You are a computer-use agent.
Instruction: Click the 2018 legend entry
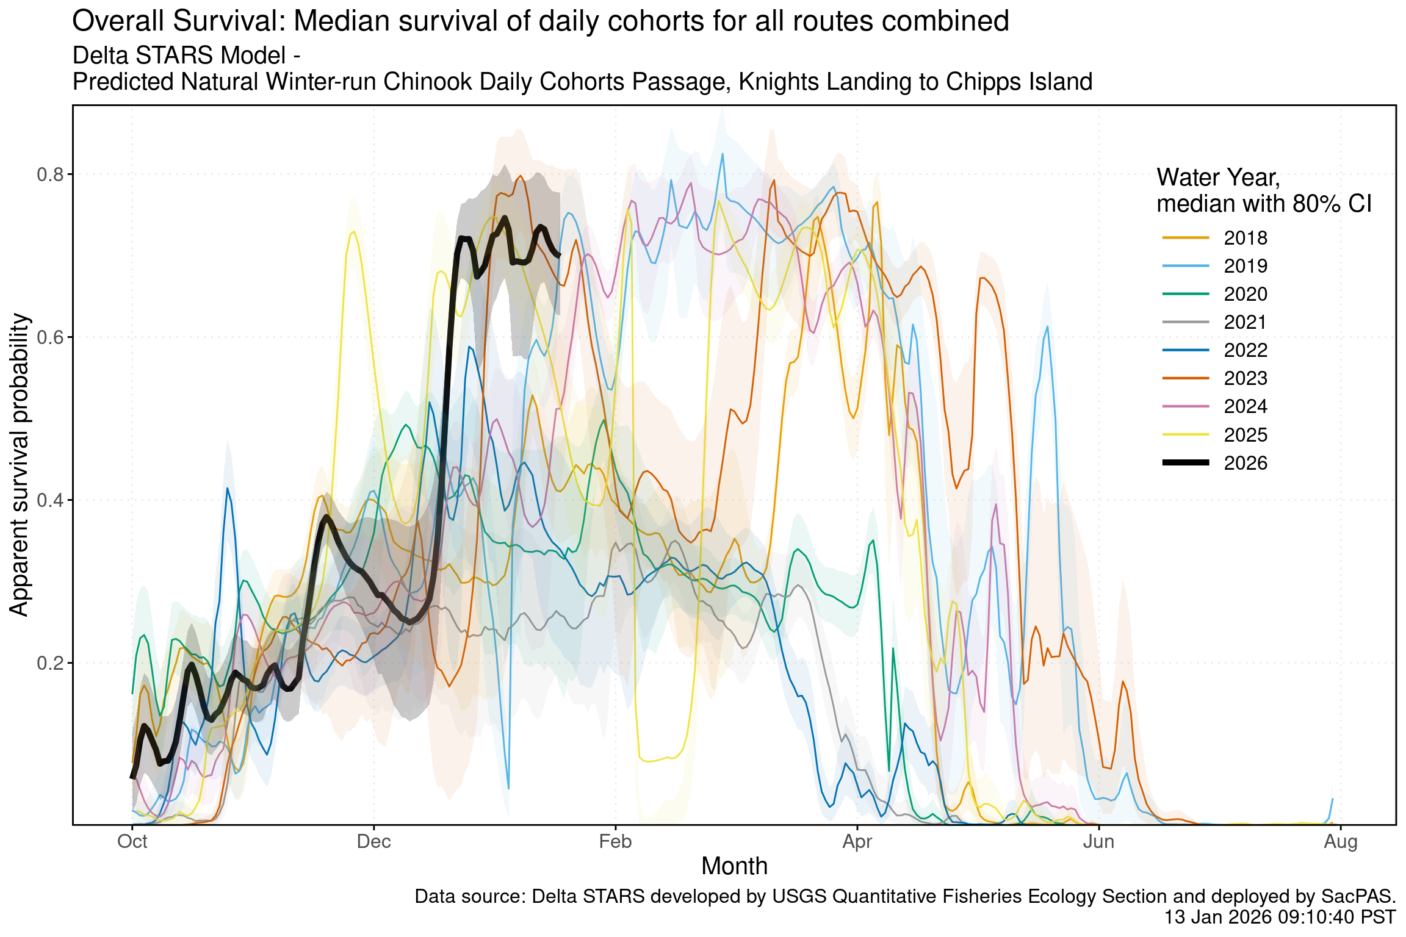tap(1245, 238)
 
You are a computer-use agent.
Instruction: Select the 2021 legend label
tap(1245, 322)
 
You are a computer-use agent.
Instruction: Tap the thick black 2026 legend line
tap(1186, 463)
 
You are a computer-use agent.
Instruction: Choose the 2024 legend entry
tap(1245, 406)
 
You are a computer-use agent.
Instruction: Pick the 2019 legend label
tap(1245, 266)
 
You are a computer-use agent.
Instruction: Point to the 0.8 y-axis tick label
tap(50, 175)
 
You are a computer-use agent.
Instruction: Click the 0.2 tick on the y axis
tap(50, 663)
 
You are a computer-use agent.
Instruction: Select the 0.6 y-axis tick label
tap(50, 337)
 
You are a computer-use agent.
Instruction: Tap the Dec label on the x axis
tap(373, 842)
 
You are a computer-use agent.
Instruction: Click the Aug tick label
tap(1340, 842)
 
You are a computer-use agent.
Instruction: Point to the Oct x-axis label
tap(132, 842)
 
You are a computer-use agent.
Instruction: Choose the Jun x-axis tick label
tap(1098, 842)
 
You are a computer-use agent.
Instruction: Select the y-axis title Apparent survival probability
tap(20, 465)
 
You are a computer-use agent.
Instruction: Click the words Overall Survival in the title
tap(177, 21)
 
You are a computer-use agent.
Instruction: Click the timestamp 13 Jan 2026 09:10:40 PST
tap(1280, 917)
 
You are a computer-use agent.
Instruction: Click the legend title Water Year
tap(1217, 178)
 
